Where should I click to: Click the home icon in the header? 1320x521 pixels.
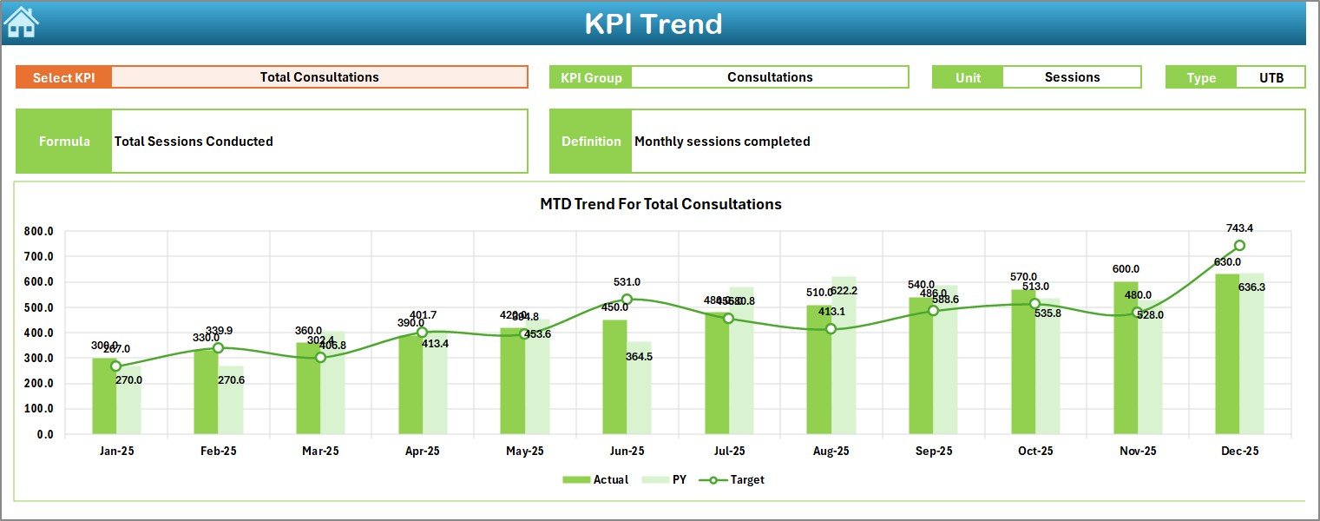click(21, 23)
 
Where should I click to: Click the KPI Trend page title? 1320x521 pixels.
click(653, 23)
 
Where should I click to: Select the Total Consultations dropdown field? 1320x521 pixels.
click(319, 77)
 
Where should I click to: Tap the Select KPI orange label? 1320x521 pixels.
click(64, 77)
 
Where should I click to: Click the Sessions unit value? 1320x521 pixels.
click(1072, 77)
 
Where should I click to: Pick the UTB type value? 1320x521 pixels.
click(1271, 77)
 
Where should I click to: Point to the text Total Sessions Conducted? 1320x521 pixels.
click(194, 142)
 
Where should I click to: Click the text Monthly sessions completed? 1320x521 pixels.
click(722, 142)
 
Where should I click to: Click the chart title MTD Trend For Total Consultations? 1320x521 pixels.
click(660, 204)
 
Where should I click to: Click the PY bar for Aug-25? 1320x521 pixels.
click(844, 355)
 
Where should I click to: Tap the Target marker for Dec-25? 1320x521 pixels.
click(1239, 246)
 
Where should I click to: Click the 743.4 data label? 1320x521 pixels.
click(1239, 228)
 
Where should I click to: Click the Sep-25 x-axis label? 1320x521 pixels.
click(933, 452)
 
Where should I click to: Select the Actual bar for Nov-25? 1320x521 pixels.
click(1126, 358)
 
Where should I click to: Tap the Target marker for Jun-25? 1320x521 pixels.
click(627, 300)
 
